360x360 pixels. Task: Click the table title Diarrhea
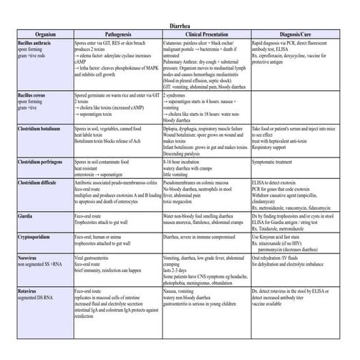tap(180, 24)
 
